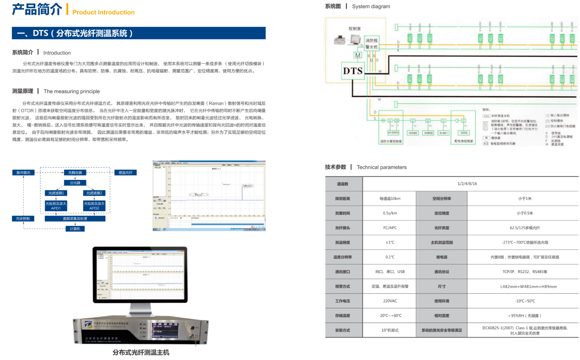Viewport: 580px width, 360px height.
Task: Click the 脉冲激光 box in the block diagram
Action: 24,173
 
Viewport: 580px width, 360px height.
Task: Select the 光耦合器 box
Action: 75,173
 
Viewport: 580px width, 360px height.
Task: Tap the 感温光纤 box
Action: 126,173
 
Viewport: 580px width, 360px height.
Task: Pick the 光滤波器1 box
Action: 56,193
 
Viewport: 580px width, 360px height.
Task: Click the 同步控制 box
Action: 23,219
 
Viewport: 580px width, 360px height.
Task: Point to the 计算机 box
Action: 75,229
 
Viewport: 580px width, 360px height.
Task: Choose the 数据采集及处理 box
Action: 75,219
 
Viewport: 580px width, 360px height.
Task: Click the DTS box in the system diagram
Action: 353,71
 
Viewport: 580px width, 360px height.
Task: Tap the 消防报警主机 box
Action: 371,44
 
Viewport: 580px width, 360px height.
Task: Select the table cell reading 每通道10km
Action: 390,199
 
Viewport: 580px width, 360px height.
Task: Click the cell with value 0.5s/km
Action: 390,213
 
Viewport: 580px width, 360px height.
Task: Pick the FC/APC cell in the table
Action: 390,228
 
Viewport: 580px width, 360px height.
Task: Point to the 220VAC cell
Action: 390,301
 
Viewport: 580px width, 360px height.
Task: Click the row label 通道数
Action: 343,184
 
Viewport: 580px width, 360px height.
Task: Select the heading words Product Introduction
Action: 103,12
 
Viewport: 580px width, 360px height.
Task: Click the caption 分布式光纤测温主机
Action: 141,352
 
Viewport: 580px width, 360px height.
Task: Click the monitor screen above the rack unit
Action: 140,274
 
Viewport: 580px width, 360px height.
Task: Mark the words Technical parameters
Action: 381,167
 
